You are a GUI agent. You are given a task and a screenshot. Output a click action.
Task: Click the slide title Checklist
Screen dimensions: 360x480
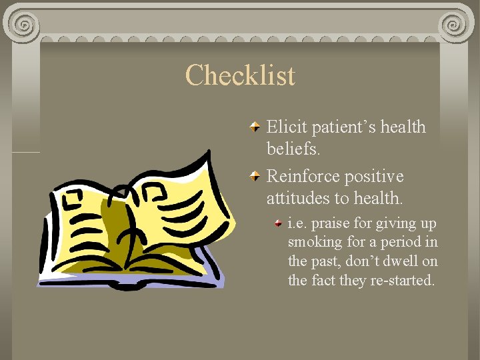240,75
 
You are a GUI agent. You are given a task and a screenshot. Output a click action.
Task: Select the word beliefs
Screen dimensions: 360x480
293,149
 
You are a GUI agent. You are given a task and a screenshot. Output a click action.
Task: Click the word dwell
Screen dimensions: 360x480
401,261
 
